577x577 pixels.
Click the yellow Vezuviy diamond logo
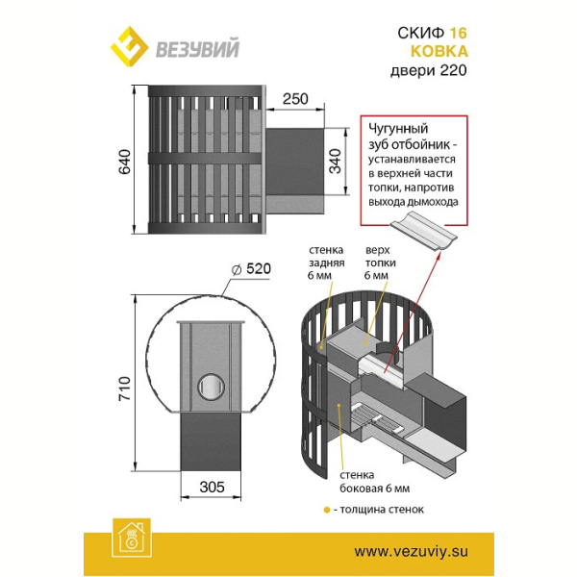point(129,46)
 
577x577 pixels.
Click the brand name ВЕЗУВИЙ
point(197,49)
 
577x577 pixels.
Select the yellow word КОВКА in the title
point(439,51)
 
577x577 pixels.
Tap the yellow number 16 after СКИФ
point(458,33)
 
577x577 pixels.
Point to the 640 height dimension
point(125,162)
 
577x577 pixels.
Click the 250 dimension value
point(295,99)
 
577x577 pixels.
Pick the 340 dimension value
point(336,162)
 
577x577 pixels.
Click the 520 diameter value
point(259,268)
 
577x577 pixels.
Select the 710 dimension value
point(125,389)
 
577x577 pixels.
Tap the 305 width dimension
point(212,488)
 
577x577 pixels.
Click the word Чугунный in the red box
point(398,129)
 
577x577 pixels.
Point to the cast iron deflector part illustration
point(423,231)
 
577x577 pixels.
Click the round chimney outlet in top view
point(212,388)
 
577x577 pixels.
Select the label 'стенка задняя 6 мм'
point(326,263)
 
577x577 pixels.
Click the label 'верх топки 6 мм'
point(380,263)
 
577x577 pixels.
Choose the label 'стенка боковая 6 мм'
point(375,482)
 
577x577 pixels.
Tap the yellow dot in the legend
point(326,510)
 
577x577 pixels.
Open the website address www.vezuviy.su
point(411,552)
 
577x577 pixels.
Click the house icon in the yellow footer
point(132,538)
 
